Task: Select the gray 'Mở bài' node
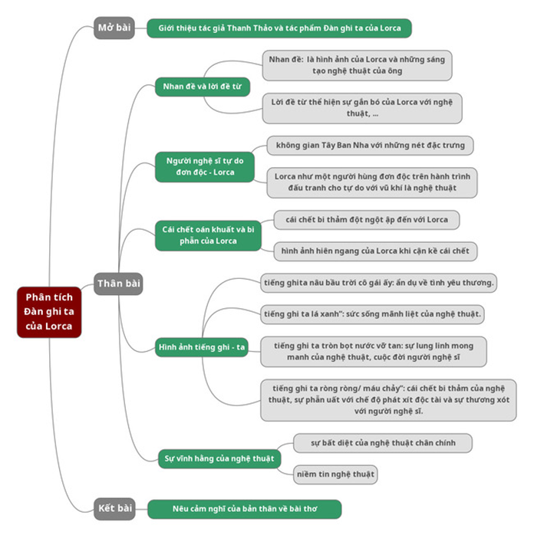point(114,28)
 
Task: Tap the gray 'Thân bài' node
point(118,284)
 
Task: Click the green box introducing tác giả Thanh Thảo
point(279,28)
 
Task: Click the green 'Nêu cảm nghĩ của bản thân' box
point(244,509)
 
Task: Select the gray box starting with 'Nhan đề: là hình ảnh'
point(356,65)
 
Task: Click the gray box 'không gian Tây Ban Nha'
point(370,145)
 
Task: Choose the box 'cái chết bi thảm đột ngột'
point(366,220)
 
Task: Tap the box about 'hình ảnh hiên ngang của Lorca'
point(375,251)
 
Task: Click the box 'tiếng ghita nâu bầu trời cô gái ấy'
point(378,283)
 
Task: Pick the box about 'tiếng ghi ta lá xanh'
point(372,314)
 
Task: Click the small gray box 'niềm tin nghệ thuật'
point(335,474)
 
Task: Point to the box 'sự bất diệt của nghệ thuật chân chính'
point(382,443)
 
